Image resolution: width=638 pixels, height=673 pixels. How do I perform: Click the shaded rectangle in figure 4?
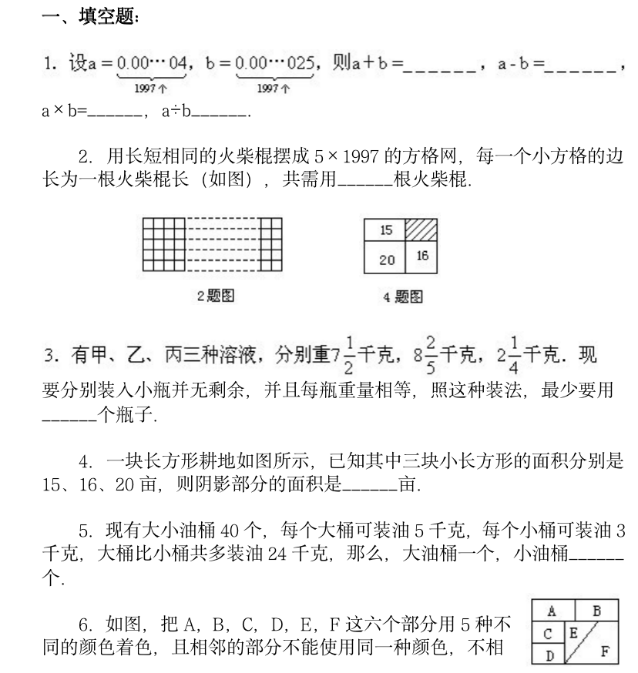(x=421, y=229)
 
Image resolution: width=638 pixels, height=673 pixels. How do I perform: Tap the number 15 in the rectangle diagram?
(x=387, y=229)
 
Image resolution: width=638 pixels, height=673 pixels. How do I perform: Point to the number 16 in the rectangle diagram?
(x=422, y=256)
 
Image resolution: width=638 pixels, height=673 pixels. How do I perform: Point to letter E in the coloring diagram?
(x=573, y=631)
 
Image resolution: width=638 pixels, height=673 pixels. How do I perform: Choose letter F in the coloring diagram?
(x=605, y=651)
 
